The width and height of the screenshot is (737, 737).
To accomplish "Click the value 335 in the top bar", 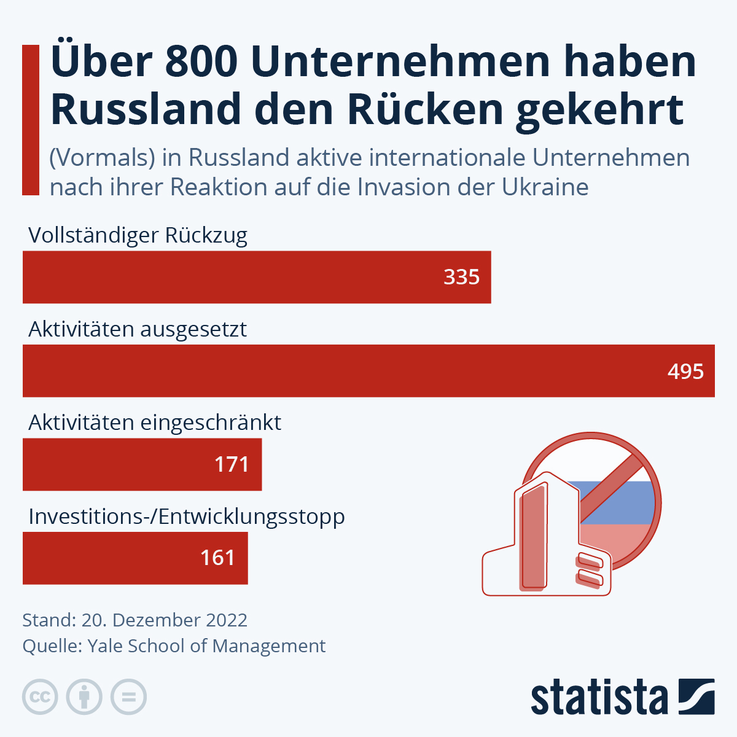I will [x=461, y=277].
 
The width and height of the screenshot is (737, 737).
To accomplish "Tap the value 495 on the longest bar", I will [x=685, y=371].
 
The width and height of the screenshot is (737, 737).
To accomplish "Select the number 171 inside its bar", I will [x=232, y=464].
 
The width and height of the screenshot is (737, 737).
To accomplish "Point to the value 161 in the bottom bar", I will [x=217, y=558].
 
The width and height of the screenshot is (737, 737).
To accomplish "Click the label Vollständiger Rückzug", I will [x=138, y=235].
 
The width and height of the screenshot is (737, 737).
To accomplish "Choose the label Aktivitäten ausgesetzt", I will [x=138, y=329].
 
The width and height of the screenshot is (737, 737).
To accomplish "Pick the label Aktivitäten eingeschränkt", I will [x=155, y=423].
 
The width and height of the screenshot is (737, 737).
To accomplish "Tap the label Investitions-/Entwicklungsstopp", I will [x=187, y=517].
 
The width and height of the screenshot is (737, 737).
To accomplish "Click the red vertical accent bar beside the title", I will [x=31, y=120].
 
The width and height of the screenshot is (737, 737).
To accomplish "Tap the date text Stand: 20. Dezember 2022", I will [x=135, y=620].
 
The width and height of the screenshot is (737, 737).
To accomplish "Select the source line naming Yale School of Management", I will [x=174, y=646].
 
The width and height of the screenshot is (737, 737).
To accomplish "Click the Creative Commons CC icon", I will [x=40, y=697].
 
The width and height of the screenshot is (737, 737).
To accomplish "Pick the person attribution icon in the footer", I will [x=84, y=697].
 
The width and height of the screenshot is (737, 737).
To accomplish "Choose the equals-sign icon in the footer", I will [x=128, y=697].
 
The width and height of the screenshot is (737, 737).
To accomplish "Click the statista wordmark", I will [x=599, y=698].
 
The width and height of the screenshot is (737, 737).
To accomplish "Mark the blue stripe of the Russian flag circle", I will [x=620, y=502].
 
